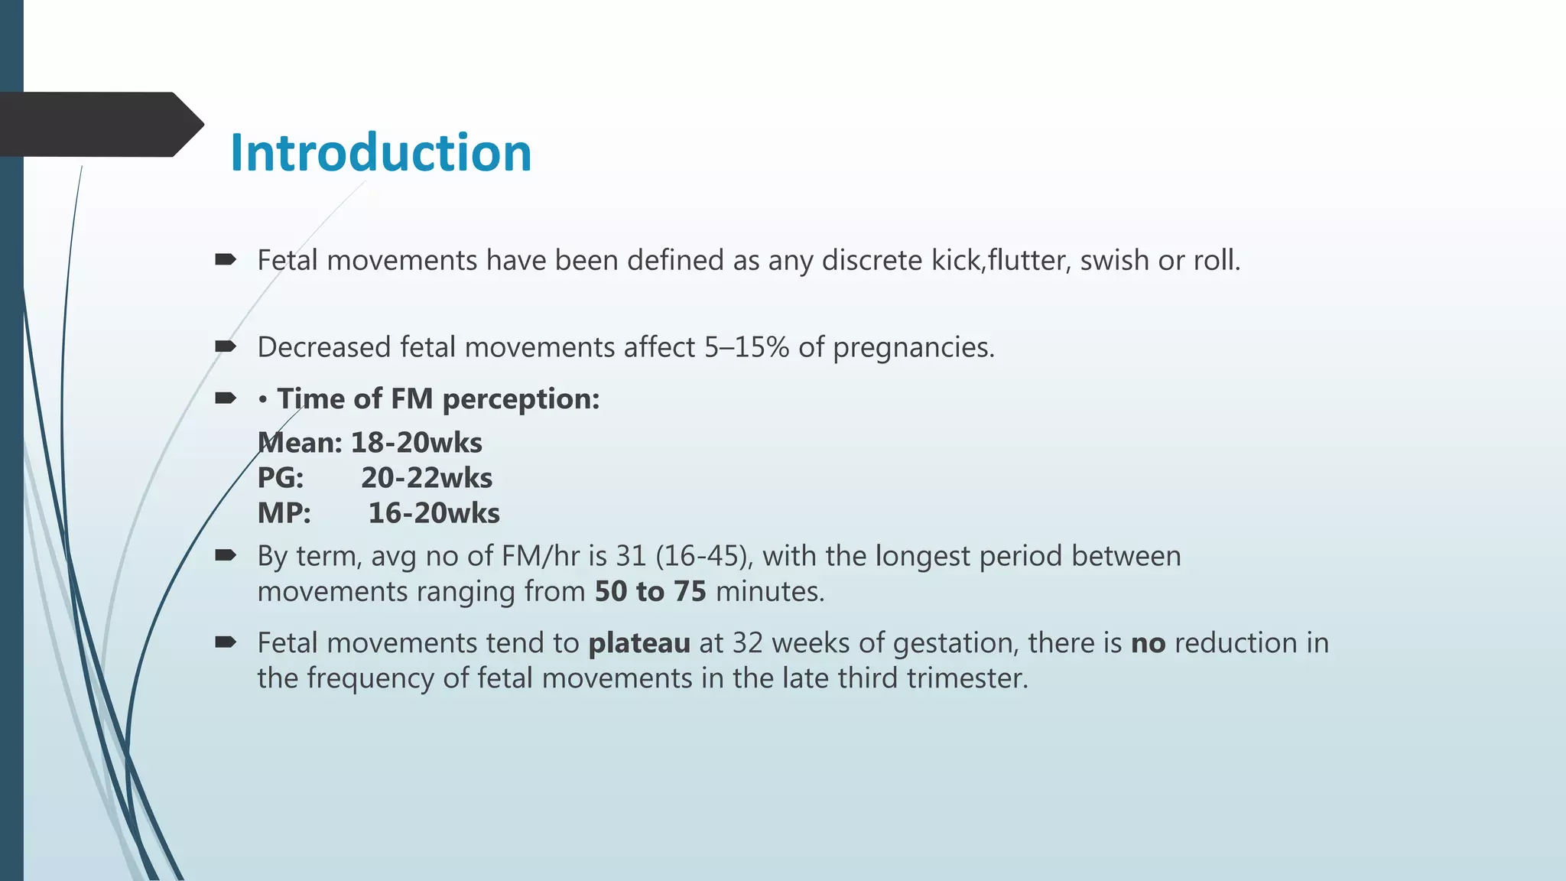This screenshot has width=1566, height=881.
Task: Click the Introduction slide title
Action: point(380,152)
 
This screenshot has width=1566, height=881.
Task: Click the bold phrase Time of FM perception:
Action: point(438,399)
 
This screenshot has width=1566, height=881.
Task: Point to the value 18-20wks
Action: point(416,443)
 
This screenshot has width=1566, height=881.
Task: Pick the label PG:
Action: point(281,478)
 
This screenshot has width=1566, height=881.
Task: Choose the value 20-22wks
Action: point(427,478)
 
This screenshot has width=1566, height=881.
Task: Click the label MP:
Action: point(284,513)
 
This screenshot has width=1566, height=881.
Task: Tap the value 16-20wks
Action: point(434,513)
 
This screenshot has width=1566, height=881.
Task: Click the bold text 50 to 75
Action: point(650,592)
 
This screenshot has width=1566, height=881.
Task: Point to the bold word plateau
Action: point(638,643)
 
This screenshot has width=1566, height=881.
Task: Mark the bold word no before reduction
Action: point(1148,643)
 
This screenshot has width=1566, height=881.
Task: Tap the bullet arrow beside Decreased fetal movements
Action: point(226,347)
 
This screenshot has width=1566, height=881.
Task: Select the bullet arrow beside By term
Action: point(226,556)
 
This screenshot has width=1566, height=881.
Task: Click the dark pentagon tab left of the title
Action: point(99,125)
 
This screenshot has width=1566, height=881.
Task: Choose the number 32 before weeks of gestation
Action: point(747,643)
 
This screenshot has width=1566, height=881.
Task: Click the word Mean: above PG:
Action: point(300,443)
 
